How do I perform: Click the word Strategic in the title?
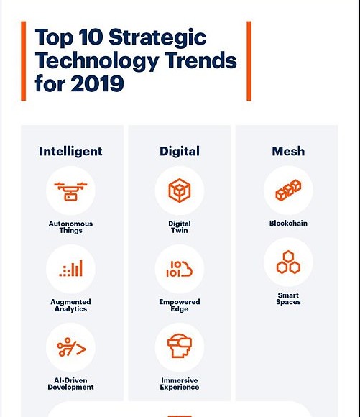157,38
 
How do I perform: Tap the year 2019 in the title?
97,83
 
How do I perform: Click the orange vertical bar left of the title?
24,61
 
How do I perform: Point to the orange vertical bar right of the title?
249,61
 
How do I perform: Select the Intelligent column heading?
70,151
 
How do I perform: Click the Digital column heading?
180,151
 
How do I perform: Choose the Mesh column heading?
288,151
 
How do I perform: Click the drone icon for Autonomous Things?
70,191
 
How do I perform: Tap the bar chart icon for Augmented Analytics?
70,268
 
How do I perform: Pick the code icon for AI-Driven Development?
71,347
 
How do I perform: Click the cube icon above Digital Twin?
180,191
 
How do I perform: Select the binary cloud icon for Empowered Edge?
180,269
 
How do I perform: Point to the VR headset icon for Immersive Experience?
180,346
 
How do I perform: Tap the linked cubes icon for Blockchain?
288,190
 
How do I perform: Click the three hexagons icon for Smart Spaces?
288,262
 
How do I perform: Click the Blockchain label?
288,223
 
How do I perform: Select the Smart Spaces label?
288,298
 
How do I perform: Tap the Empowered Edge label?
180,306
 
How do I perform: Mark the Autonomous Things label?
70,227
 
